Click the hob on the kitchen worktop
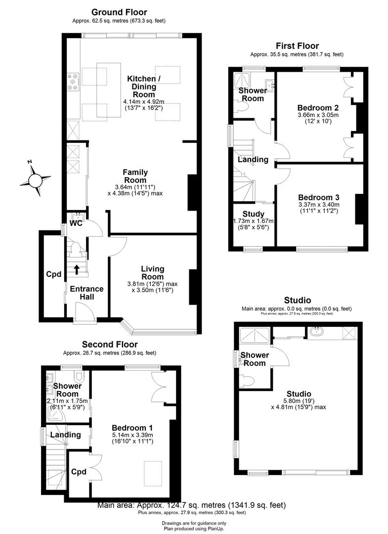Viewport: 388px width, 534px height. (x=73, y=83)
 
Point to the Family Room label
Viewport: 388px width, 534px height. (x=135, y=176)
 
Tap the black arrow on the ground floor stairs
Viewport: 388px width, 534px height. (x=77, y=269)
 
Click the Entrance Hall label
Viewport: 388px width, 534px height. (x=86, y=293)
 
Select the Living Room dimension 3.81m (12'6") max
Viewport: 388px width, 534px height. (x=152, y=284)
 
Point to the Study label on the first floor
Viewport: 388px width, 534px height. (x=254, y=214)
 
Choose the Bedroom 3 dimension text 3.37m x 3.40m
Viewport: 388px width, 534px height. (x=318, y=205)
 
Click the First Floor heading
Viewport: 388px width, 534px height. (x=297, y=45)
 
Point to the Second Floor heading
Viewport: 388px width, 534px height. (x=110, y=344)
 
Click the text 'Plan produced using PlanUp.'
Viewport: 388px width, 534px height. (x=194, y=528)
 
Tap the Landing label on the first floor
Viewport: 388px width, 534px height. (x=253, y=160)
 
